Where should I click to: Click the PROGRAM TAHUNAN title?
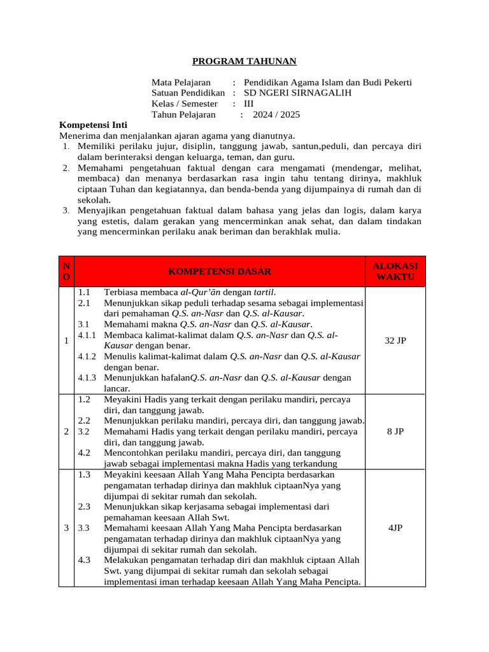click(244, 61)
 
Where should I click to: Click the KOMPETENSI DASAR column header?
click(220, 271)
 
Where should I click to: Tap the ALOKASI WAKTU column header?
click(395, 271)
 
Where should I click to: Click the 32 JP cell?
click(395, 341)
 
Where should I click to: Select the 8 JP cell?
click(395, 431)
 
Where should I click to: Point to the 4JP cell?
click(395, 528)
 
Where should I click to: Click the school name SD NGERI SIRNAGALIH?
click(297, 93)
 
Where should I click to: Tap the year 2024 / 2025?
click(276, 115)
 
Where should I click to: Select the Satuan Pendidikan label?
click(188, 93)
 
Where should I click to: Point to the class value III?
click(249, 104)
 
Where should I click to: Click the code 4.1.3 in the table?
click(87, 378)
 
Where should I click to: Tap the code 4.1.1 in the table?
click(87, 335)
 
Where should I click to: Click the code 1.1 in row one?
click(84, 292)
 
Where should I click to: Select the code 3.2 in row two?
click(84, 431)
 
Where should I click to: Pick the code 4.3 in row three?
click(84, 560)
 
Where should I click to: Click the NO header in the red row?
click(67, 271)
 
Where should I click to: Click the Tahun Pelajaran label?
click(184, 115)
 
